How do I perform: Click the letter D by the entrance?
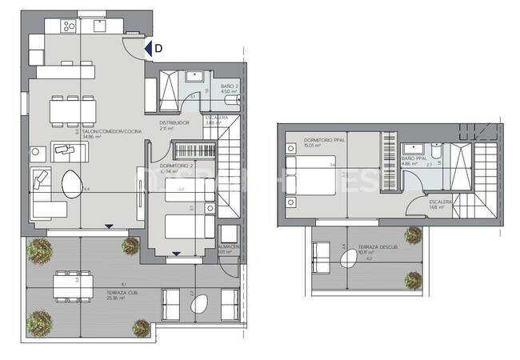(158, 49)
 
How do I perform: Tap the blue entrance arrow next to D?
(149, 49)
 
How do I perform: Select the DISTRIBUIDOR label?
(174, 122)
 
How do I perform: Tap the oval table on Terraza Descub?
(349, 260)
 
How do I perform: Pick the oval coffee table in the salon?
(71, 185)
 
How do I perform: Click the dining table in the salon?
(68, 108)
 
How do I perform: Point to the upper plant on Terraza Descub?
(413, 234)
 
